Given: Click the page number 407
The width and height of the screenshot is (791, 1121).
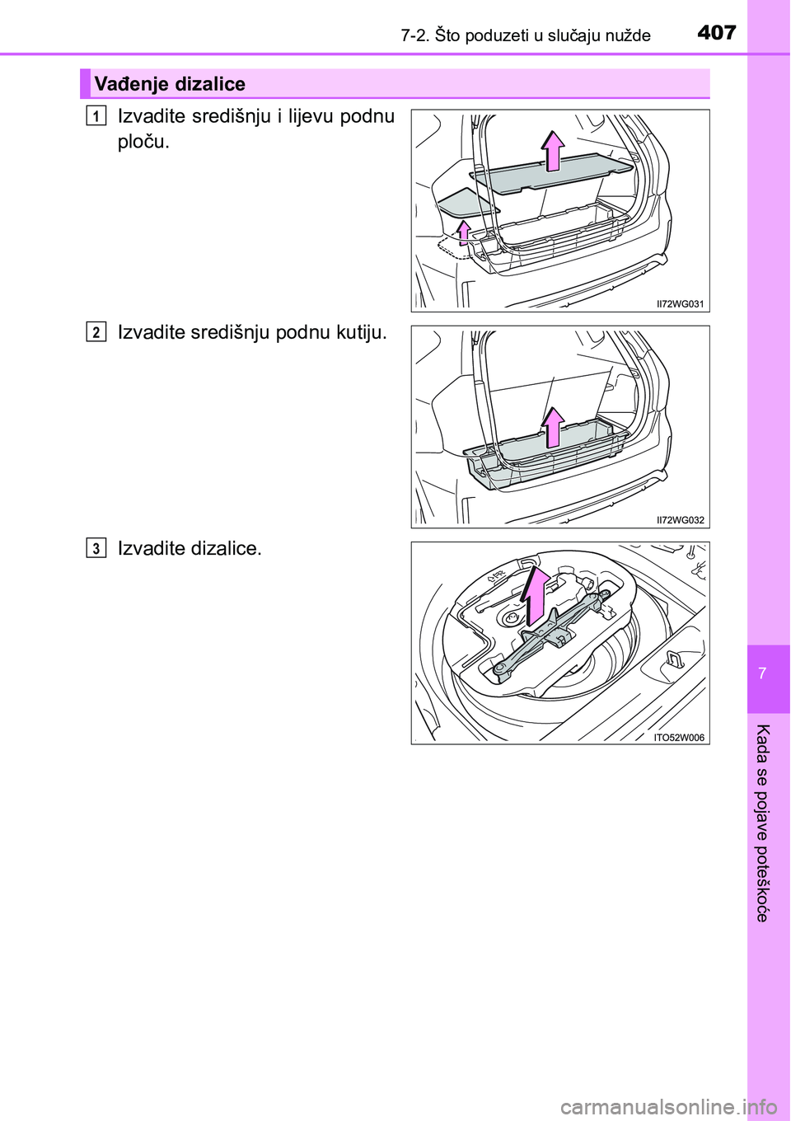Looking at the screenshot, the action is point(717,33).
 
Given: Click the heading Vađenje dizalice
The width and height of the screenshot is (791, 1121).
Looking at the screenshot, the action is point(170,83).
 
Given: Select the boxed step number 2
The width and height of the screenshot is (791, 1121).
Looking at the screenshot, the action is point(95,333).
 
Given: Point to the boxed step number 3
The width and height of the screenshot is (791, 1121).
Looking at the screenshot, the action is point(95,549).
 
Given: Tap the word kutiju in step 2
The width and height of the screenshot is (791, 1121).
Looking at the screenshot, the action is point(361,332).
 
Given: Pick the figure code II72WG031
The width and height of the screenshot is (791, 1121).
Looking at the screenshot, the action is point(681,303).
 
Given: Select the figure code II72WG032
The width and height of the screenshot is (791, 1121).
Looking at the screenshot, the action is point(681,519).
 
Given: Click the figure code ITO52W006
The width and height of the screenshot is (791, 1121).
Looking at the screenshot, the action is point(679,737).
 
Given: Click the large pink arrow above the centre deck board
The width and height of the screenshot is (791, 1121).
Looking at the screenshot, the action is point(553,151).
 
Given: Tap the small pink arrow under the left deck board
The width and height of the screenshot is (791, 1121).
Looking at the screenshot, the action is point(465,232).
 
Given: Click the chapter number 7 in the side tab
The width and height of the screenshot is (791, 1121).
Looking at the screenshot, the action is point(761,673).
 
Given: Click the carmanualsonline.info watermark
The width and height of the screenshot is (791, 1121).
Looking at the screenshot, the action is point(677,1106).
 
